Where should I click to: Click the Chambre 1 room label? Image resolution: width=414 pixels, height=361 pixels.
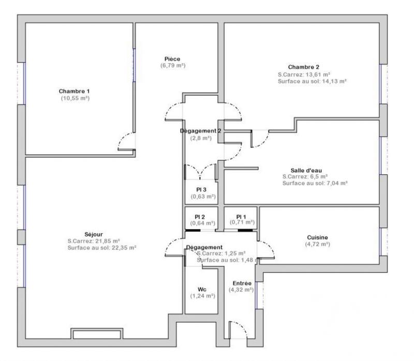[x=75, y=91]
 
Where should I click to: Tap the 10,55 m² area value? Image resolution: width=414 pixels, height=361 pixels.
[x=75, y=98]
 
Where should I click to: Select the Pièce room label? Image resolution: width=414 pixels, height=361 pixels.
[x=172, y=59]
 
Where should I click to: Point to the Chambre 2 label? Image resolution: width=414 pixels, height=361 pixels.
[x=304, y=67]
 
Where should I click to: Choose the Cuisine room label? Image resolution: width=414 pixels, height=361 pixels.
[x=317, y=237]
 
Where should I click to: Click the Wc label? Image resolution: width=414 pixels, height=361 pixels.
[x=202, y=289]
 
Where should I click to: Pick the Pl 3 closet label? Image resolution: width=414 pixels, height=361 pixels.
[x=201, y=190]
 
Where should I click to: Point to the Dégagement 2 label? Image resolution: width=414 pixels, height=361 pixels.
[x=201, y=131]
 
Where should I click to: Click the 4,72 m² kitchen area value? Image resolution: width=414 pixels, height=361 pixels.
[x=317, y=245]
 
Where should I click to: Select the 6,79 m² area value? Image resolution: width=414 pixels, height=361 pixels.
[x=172, y=66]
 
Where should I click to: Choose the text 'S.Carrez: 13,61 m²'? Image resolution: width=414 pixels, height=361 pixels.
[x=304, y=74]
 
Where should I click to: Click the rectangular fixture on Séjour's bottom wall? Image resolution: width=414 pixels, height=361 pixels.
[x=97, y=334]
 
